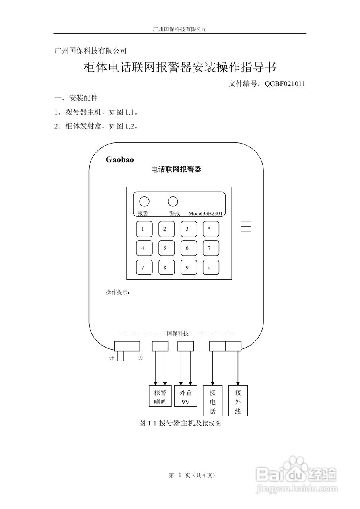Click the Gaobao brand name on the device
[x=120, y=159]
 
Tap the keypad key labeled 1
[x=143, y=229]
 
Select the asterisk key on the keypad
[x=210, y=229]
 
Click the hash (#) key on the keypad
[x=210, y=268]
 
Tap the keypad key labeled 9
[x=187, y=268]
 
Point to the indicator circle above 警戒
[x=173, y=201]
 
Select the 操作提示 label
[x=118, y=292]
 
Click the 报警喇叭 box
[x=160, y=396]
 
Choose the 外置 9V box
[x=186, y=396]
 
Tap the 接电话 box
[x=213, y=401]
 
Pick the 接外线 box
[x=238, y=401]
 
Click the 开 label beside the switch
[x=112, y=358]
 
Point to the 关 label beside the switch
[x=140, y=358]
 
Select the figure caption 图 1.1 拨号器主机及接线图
[x=180, y=424]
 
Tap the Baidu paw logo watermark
[x=294, y=466]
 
